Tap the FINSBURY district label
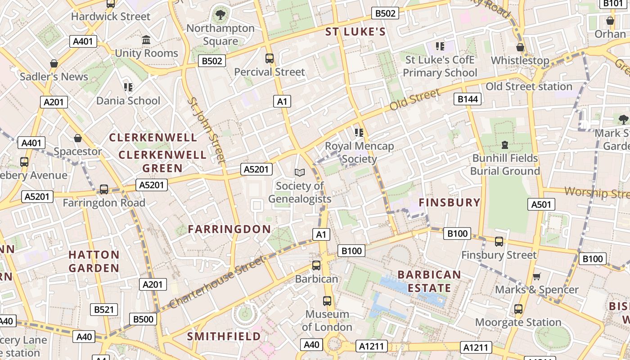[x=450, y=202]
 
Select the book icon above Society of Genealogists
[x=299, y=172]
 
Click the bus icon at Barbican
[x=316, y=265]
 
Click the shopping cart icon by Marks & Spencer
[x=536, y=276]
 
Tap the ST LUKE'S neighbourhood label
[x=355, y=31]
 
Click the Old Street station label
[x=529, y=86]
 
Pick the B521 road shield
[x=104, y=310]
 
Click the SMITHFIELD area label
[x=224, y=336]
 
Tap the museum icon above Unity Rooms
[x=146, y=40]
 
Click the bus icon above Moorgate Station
[x=518, y=309]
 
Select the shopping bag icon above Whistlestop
[x=520, y=47]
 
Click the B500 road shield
[x=143, y=319]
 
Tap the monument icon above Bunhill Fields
[x=505, y=145]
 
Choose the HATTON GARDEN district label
[x=94, y=261]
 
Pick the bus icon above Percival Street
[x=269, y=58]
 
